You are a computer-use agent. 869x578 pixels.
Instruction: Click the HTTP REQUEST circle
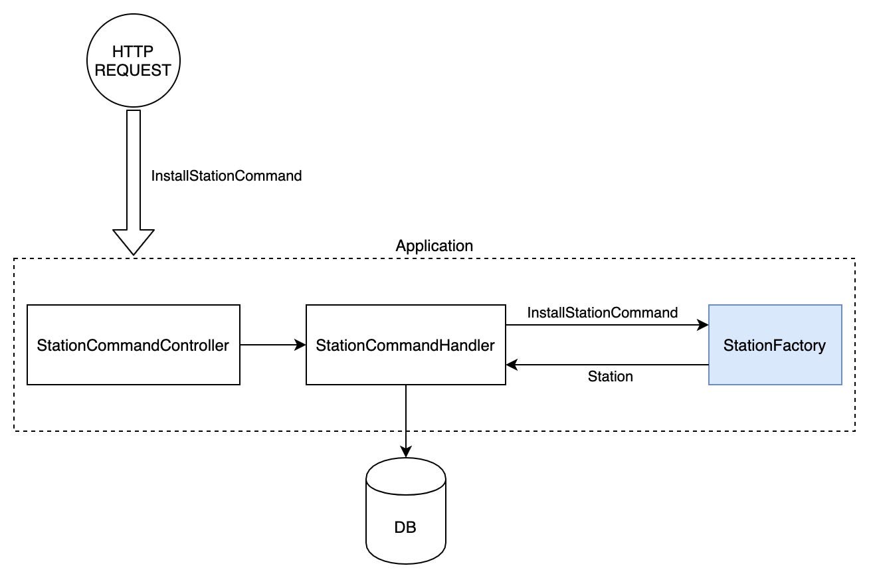tap(134, 61)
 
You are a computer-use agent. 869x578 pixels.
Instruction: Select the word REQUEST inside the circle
tap(134, 70)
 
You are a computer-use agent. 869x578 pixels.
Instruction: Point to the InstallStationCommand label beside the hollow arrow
tap(227, 176)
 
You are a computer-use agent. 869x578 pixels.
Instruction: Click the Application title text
tap(434, 246)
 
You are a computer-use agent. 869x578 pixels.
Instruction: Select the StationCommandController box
tap(133, 345)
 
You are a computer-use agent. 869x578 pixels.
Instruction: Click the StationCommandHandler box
tap(405, 345)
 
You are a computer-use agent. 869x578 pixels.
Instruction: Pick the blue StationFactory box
tap(775, 345)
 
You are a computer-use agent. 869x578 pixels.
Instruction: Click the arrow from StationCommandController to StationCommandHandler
tap(272, 345)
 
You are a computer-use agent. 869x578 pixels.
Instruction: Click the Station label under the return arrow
tap(610, 377)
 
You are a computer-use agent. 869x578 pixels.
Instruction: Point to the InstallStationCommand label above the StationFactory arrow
tap(603, 312)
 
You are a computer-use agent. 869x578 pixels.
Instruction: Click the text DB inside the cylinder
tap(405, 528)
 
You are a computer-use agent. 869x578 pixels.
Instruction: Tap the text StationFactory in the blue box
tap(775, 345)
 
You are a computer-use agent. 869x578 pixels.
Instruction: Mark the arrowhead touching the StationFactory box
tap(703, 326)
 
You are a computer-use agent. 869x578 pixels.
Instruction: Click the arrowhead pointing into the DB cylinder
tap(406, 452)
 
